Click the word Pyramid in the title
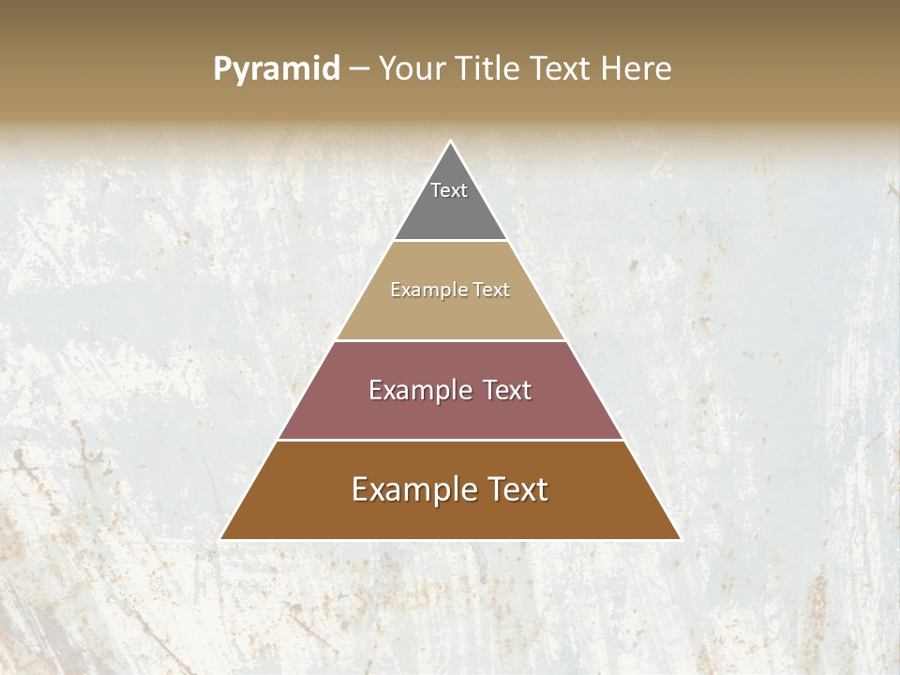pyautogui.click(x=277, y=69)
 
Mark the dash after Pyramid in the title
pyautogui.click(x=358, y=69)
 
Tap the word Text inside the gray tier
pyautogui.click(x=449, y=190)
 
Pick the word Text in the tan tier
pyautogui.click(x=491, y=291)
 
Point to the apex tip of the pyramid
pyautogui.click(x=451, y=142)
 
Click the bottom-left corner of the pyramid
pyautogui.click(x=222, y=539)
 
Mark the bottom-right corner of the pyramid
pyautogui.click(x=679, y=539)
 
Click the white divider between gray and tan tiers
pyautogui.click(x=450, y=241)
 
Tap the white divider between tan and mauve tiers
pyautogui.click(x=450, y=340)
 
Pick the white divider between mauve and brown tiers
pyautogui.click(x=450, y=440)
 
